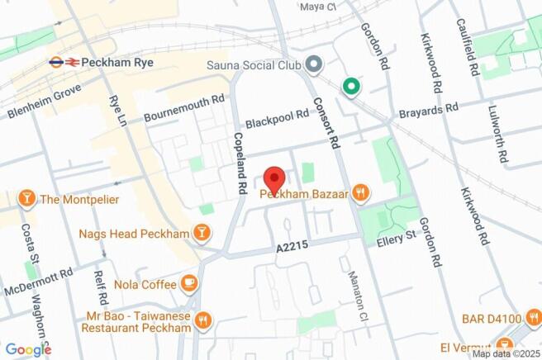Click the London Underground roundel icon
(x=56, y=61)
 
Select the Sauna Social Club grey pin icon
(x=313, y=63)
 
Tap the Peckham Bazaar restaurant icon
(x=359, y=194)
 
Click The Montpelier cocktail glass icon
(x=27, y=199)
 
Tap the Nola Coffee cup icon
(x=189, y=284)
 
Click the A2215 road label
(x=292, y=248)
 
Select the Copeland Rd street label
(x=240, y=163)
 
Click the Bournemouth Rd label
(x=184, y=109)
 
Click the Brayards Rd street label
(x=428, y=109)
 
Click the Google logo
(x=27, y=349)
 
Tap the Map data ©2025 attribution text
(x=503, y=353)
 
